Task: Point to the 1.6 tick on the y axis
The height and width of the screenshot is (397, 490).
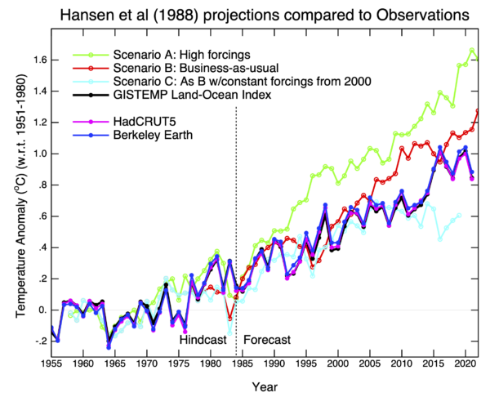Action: click(38, 60)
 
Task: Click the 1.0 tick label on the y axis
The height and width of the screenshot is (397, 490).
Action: click(38, 154)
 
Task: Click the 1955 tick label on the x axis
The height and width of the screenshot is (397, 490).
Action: click(51, 362)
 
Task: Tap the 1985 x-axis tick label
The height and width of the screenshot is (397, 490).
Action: click(242, 362)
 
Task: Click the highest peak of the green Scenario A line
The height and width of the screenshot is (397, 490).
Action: click(472, 50)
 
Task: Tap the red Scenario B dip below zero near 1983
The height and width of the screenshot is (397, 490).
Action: click(229, 319)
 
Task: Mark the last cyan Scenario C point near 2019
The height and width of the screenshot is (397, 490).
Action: click(460, 215)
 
